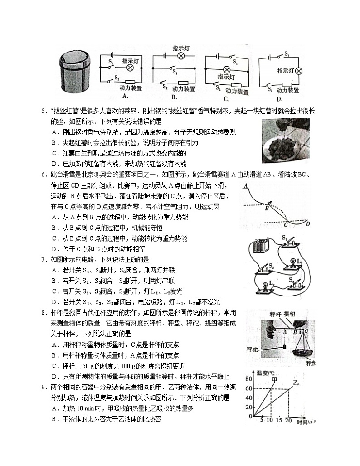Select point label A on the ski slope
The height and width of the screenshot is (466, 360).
[x=245, y=186]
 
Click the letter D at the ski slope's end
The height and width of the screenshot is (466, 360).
[x=307, y=223]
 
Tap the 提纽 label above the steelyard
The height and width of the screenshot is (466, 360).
[x=289, y=314]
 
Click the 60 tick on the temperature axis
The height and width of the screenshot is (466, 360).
[x=248, y=388]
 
